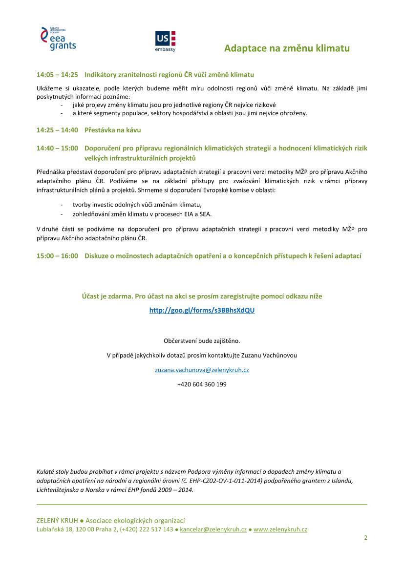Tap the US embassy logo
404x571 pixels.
pos(165,42)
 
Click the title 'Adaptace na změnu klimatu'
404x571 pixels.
pos(287,48)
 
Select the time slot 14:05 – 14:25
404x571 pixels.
pos(57,75)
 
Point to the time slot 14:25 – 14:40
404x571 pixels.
pos(57,130)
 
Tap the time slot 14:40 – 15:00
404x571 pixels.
pos(57,148)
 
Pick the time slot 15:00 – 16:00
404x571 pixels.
pos(57,255)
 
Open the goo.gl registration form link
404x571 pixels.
pos(202,310)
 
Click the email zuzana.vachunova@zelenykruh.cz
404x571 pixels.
pos(202,370)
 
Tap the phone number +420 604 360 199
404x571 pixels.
pos(202,384)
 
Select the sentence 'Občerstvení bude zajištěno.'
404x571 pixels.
pos(202,340)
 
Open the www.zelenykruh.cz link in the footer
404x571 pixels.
pos(280,529)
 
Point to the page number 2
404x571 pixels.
pos(365,538)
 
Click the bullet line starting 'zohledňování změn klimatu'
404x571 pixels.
pos(142,214)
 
